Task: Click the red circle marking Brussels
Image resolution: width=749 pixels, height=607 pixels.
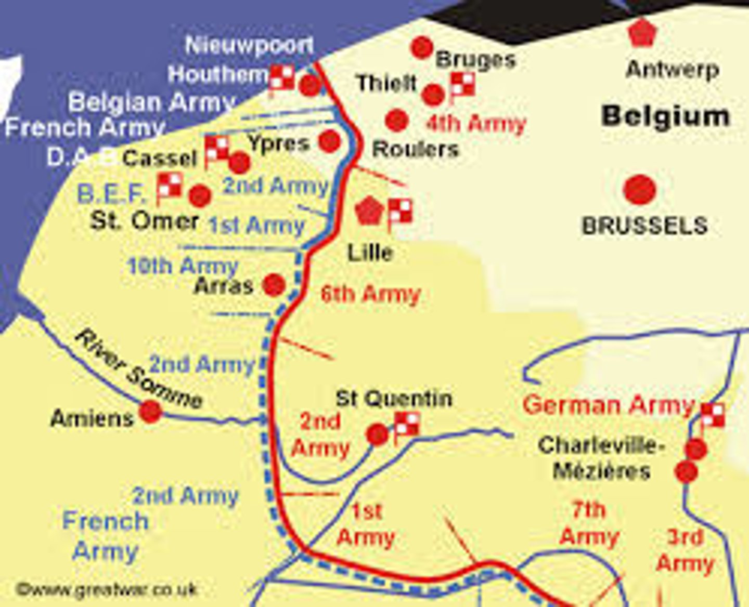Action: [x=639, y=189]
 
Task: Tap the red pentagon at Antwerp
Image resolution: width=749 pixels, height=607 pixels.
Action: [x=643, y=33]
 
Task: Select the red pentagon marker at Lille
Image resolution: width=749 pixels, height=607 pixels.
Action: [x=369, y=211]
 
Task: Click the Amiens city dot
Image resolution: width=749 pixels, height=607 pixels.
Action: [x=151, y=412]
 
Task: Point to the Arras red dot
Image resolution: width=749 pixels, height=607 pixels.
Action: [x=274, y=285]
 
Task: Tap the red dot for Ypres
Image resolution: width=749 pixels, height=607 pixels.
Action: [x=329, y=141]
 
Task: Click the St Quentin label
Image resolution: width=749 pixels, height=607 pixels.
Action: [x=394, y=399]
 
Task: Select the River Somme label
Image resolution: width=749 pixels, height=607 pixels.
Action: [x=138, y=369]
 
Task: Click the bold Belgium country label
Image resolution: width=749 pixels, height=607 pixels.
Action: [x=666, y=116]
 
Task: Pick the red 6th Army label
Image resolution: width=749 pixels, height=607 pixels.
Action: [x=370, y=294]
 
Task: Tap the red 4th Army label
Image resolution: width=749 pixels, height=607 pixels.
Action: [x=476, y=124]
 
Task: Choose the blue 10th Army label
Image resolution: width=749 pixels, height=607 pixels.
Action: [x=183, y=266]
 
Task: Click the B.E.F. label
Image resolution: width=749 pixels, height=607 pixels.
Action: [x=111, y=194]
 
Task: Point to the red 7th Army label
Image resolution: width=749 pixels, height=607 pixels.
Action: [x=589, y=523]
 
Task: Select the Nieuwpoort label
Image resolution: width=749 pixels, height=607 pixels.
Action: [x=249, y=45]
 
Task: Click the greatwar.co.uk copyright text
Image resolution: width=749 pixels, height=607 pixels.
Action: [x=107, y=589]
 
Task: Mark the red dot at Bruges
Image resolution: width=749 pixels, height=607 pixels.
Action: [x=421, y=48]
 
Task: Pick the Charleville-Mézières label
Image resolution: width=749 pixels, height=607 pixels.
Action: [x=601, y=458]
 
